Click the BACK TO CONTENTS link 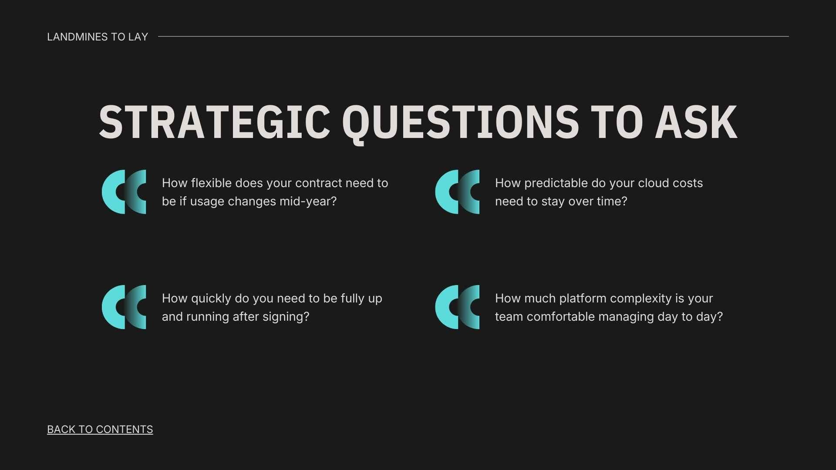pyautogui.click(x=100, y=429)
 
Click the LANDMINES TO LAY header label pyautogui.click(x=98, y=37)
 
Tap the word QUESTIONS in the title pyautogui.click(x=461, y=123)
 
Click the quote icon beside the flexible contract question pyautogui.click(x=124, y=192)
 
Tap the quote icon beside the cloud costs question pyautogui.click(x=457, y=192)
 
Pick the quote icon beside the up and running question pyautogui.click(x=124, y=307)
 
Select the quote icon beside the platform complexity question pyautogui.click(x=457, y=307)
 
